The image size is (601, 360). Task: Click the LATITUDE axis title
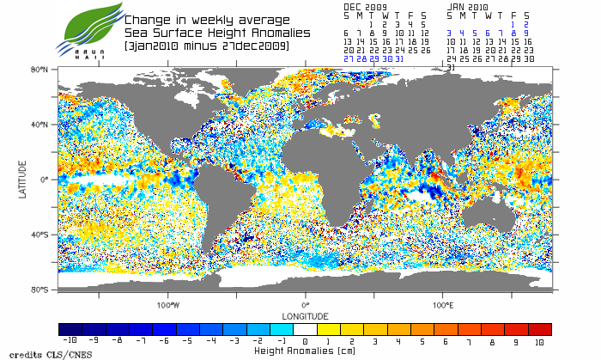click(23, 180)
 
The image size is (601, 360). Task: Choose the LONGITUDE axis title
click(305, 314)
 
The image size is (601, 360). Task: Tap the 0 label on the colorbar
click(305, 341)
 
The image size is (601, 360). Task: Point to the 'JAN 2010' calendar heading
click(468, 5)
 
